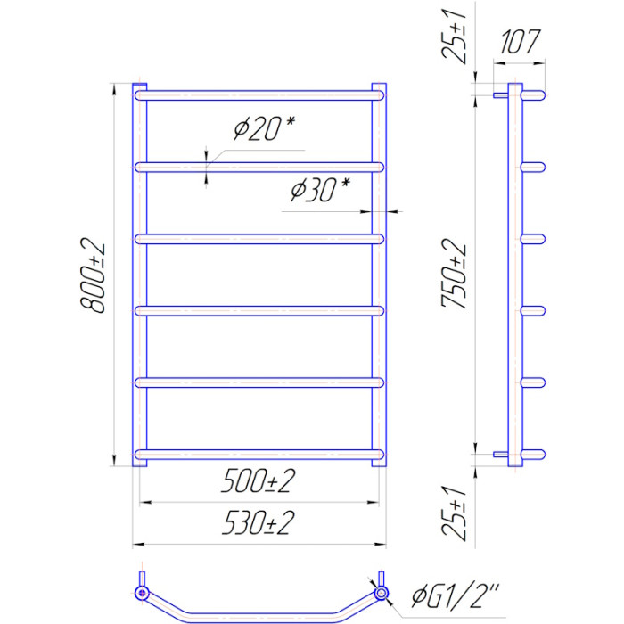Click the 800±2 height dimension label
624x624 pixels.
point(93,275)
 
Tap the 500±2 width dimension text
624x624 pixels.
point(259,481)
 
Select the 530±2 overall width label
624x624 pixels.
point(259,522)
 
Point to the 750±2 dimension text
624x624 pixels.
point(453,274)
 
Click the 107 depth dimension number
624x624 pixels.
point(520,41)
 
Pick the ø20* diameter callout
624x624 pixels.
point(264,128)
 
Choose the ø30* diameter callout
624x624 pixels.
point(320,189)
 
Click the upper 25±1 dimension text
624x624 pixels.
point(453,37)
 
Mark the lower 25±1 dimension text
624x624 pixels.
point(453,513)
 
